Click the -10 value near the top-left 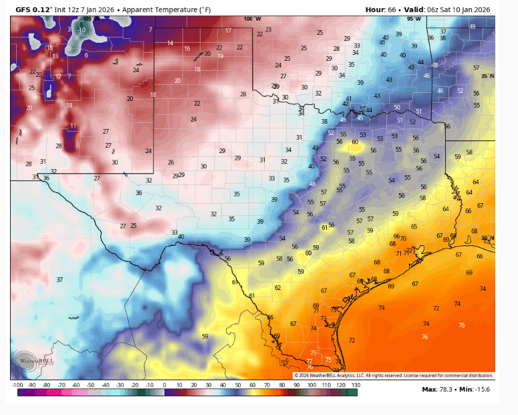pos(81,30)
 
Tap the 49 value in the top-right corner pos(473,26)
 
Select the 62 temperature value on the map pos(277,288)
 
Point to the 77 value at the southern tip pos(309,361)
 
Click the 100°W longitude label pos(252,19)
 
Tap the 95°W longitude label pos(416,19)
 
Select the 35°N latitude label pos(488,76)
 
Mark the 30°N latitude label pos(488,238)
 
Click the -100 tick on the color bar pos(17,386)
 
